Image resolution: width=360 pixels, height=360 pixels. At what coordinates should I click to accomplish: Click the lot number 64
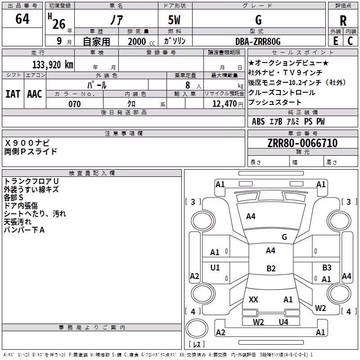click(22, 18)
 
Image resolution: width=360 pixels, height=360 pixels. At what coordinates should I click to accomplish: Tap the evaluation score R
click(343, 21)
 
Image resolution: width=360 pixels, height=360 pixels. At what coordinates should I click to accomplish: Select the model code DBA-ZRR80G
click(258, 41)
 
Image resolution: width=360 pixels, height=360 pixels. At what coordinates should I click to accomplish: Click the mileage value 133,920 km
click(53, 65)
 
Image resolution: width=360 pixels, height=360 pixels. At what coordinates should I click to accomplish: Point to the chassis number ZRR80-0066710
click(302, 143)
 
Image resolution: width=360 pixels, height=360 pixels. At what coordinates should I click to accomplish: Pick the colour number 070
click(74, 104)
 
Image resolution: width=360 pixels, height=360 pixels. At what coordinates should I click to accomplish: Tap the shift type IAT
click(13, 94)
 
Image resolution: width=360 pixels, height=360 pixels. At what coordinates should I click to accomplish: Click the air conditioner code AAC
click(35, 94)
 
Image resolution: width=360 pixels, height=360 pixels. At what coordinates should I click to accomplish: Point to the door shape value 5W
click(174, 20)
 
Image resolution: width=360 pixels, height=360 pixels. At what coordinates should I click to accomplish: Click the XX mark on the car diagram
click(253, 300)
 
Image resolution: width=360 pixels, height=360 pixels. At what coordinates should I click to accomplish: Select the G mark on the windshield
click(284, 237)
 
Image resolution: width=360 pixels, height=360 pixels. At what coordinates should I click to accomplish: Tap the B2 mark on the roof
click(271, 268)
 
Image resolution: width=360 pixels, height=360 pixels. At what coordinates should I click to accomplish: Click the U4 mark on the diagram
click(283, 322)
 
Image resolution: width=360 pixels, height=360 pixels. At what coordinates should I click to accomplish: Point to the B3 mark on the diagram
click(327, 267)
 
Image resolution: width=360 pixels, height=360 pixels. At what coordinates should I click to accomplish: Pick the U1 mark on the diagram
click(215, 267)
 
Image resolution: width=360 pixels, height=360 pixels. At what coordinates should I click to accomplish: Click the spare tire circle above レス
click(197, 328)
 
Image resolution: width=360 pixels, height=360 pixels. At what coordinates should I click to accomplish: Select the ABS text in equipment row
click(258, 121)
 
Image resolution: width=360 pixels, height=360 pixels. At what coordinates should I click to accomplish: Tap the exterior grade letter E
click(335, 41)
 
